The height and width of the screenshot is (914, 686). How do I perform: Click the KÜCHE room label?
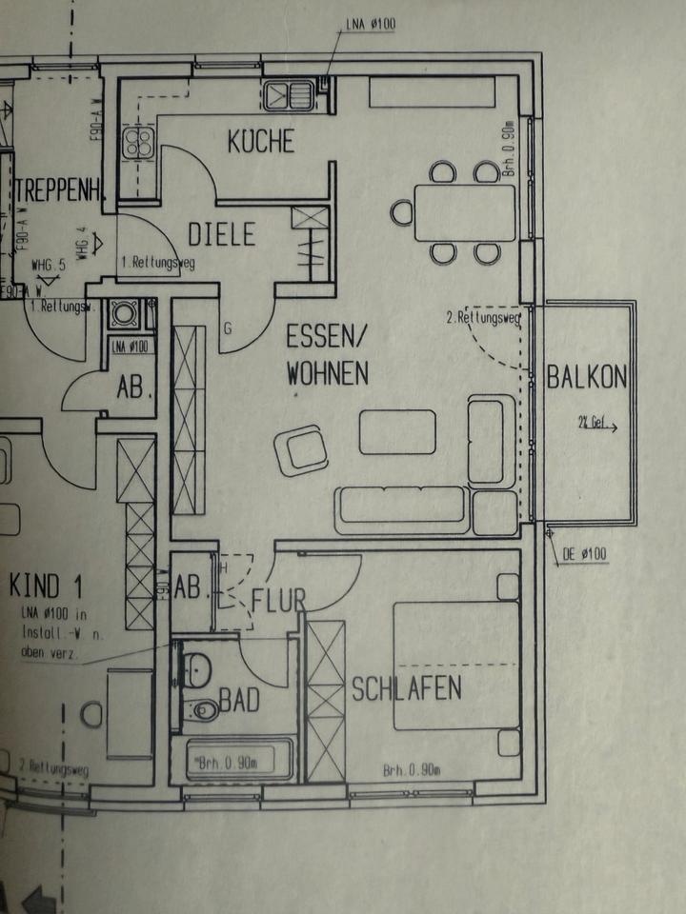pos(260,142)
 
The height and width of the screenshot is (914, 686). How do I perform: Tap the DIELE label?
pos(221,233)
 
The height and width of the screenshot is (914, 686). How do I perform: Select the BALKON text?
pos(587,377)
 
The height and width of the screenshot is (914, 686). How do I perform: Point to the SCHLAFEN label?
pos(407,687)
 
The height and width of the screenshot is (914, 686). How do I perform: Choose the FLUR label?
pos(278,601)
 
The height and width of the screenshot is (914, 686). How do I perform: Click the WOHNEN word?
pos(327,374)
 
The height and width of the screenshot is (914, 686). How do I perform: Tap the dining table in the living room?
pos(464,212)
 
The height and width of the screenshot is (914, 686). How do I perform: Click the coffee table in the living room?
pos(397,431)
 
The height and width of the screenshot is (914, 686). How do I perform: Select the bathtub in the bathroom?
pos(232,760)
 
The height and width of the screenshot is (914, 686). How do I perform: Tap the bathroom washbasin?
pos(197,668)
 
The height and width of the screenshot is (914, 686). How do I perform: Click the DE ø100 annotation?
pos(584,554)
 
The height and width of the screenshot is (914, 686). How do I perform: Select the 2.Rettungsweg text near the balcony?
pos(483,318)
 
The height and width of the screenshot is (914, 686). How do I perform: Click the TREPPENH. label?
pos(60,189)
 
